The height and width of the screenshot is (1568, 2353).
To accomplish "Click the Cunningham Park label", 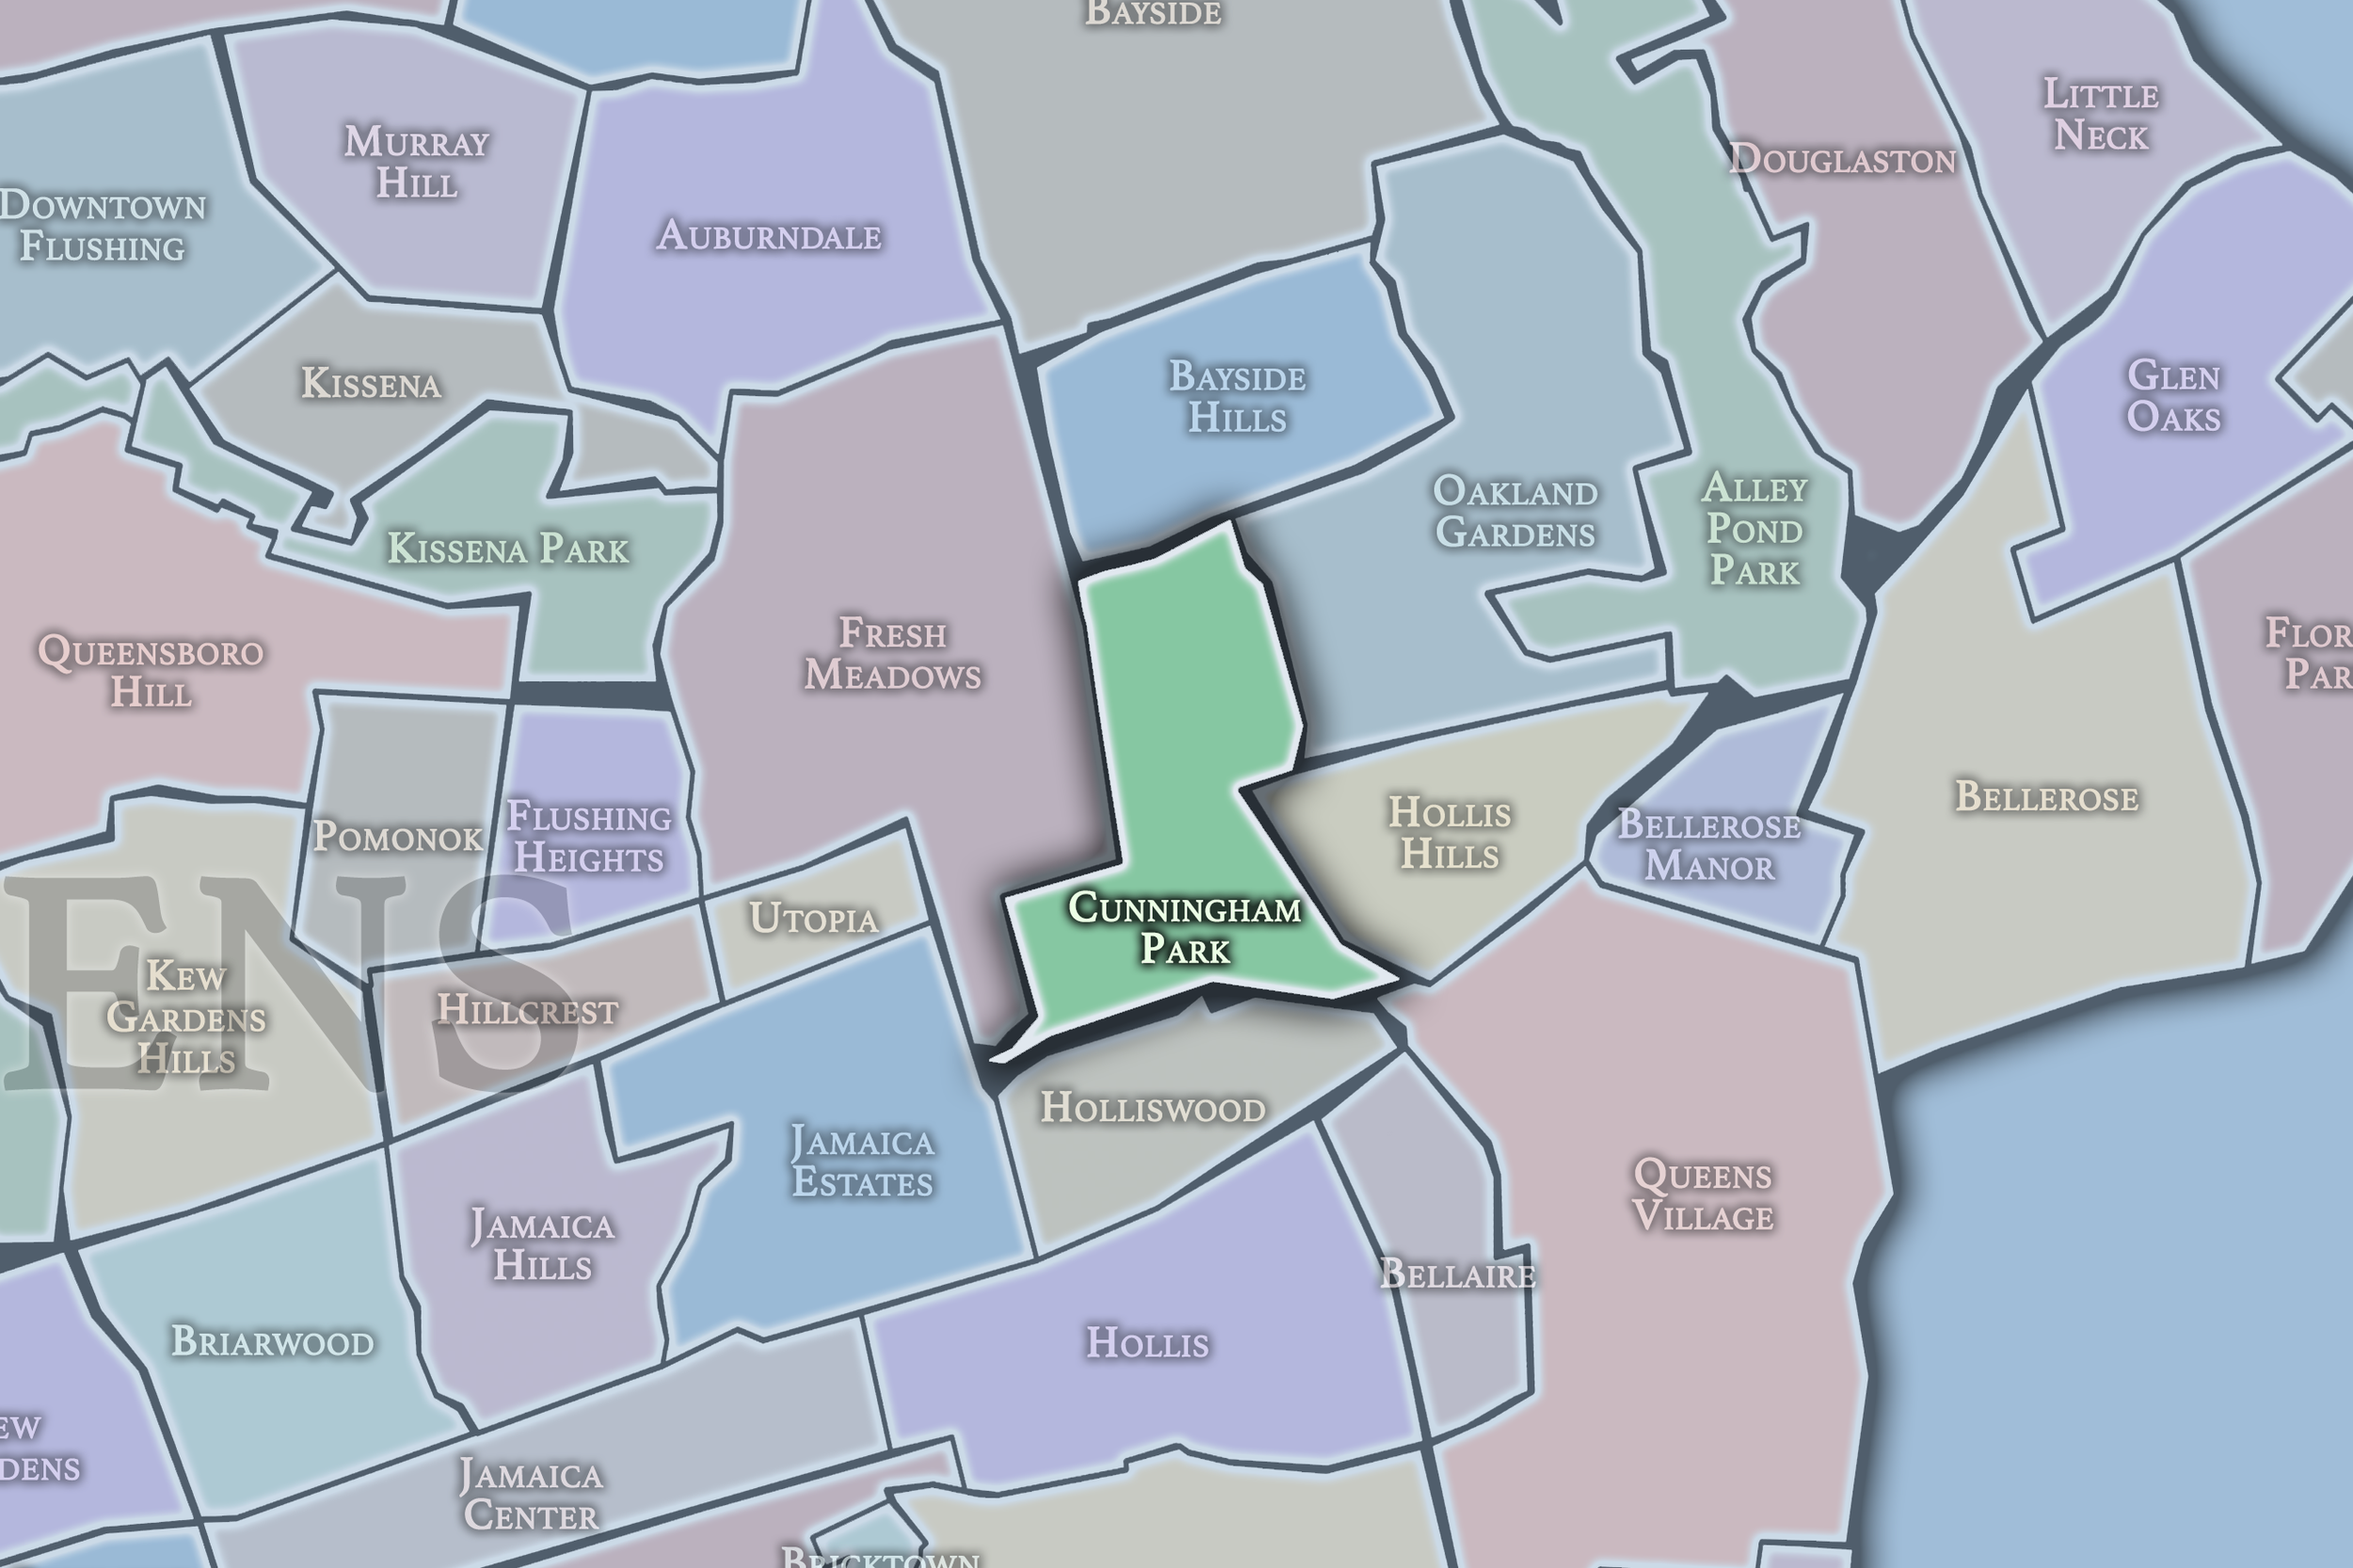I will [x=1185, y=928].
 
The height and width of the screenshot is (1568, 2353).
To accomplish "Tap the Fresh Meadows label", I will [x=893, y=654].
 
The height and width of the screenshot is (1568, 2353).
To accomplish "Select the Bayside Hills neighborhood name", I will [x=1237, y=397].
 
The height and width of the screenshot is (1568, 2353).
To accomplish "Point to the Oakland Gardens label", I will [x=1515, y=511].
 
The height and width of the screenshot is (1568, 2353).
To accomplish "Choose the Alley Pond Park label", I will [x=1755, y=529].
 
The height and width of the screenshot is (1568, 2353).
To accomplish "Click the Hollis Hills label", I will [x=1449, y=833].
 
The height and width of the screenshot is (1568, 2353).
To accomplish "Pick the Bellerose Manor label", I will [x=1709, y=845].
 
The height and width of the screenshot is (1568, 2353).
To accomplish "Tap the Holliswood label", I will [x=1153, y=1108].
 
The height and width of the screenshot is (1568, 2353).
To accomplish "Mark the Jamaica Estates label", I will [x=862, y=1161].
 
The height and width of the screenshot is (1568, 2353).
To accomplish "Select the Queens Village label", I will [x=1702, y=1195].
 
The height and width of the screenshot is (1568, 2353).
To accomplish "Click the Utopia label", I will [x=814, y=918].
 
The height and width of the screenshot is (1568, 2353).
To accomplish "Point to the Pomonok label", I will [x=398, y=837].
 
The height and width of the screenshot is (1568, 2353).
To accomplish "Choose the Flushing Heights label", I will [x=589, y=837].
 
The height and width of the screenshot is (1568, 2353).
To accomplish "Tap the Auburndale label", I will [x=769, y=236].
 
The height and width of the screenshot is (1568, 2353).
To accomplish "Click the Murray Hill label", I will [x=416, y=162].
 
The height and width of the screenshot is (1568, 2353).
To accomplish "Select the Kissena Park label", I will [x=508, y=549].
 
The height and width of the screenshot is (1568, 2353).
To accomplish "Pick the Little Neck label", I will [x=2100, y=115].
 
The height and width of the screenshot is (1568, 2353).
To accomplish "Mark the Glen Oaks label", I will [x=2174, y=396].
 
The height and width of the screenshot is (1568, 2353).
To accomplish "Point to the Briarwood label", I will [x=272, y=1341].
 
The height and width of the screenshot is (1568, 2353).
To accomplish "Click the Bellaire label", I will [x=1457, y=1274].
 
